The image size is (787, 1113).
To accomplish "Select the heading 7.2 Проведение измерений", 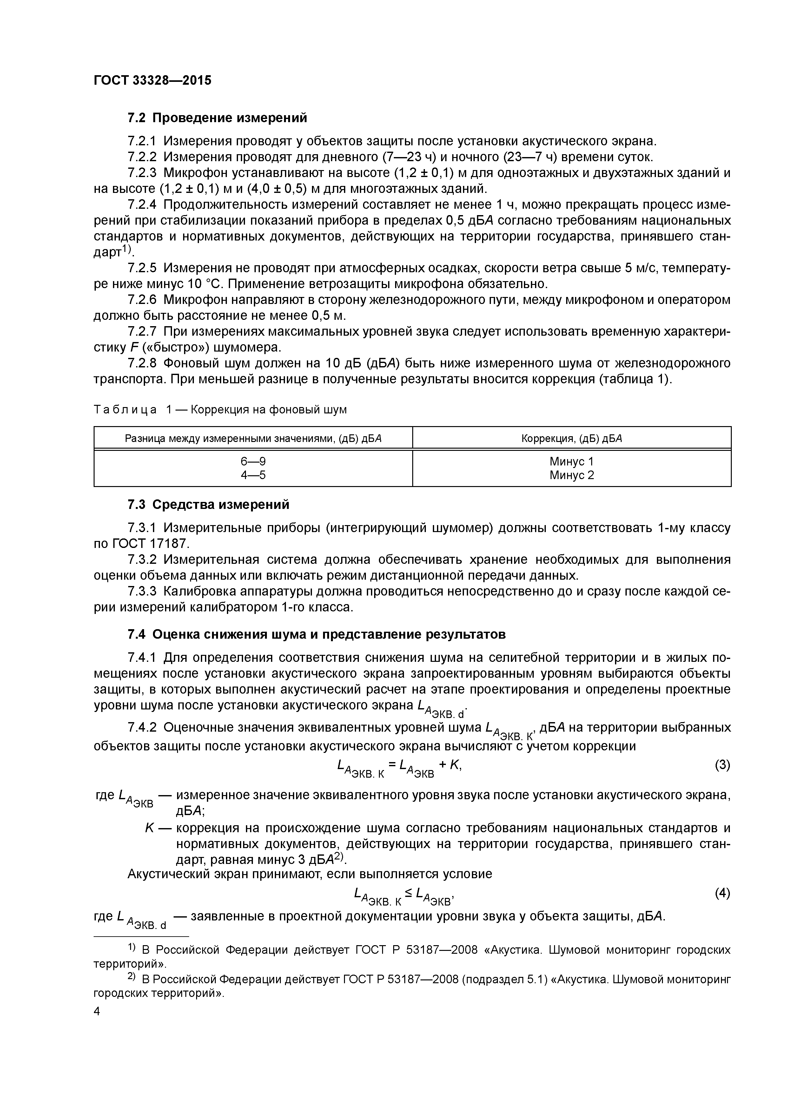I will tap(217, 118).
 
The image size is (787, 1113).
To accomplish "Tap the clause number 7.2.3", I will tap(142, 173).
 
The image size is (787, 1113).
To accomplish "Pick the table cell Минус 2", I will tap(572, 475).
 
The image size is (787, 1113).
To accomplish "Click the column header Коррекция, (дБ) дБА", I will tap(572, 439).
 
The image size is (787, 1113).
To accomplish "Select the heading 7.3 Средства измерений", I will tap(208, 505).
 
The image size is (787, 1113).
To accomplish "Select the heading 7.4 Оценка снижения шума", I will tap(316, 634).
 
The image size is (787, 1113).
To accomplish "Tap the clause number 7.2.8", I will tap(142, 363).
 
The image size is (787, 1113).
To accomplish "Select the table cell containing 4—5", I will tap(253, 475).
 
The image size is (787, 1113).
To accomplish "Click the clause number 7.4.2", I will tap(142, 728).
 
